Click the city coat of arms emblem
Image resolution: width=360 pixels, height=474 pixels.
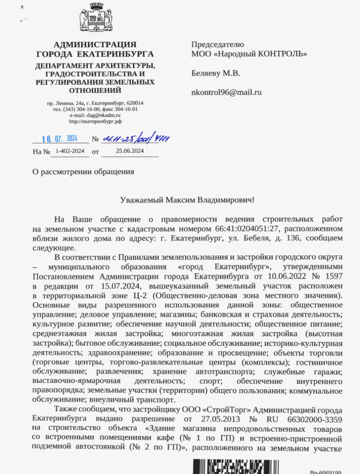[95, 20]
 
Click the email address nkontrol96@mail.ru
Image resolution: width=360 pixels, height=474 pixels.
[227, 92]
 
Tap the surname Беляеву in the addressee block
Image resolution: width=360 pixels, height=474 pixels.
[207, 73]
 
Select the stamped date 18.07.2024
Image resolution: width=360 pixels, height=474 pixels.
[59, 138]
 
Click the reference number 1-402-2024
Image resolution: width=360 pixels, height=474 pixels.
[69, 151]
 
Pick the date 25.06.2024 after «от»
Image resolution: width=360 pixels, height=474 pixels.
[130, 151]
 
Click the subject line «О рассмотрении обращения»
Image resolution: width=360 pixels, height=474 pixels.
[83, 172]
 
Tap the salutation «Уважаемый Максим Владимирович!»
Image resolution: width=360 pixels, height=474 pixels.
[188, 200]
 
